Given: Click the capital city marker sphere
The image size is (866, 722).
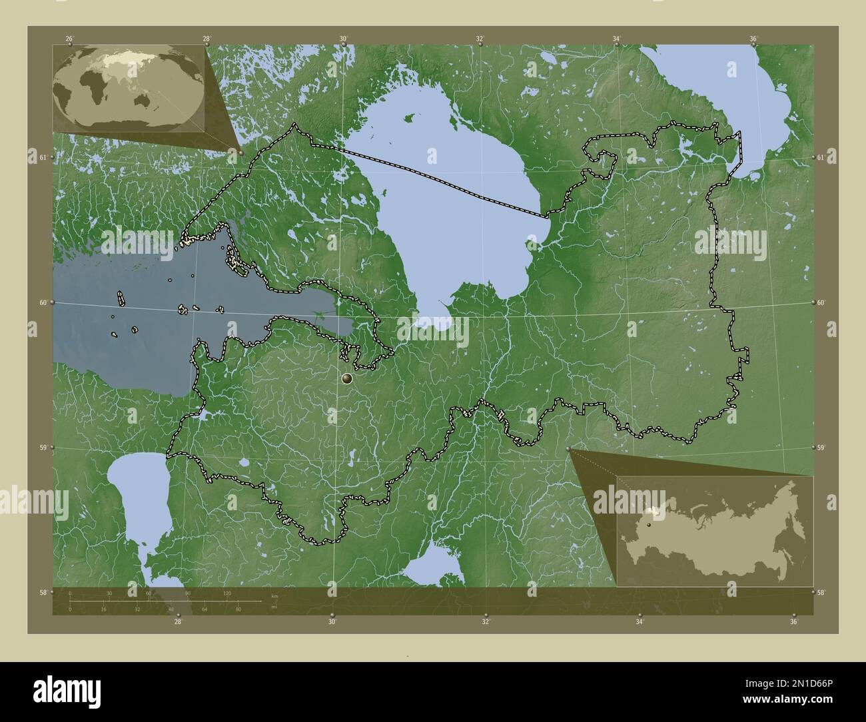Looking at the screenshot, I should click(x=347, y=379).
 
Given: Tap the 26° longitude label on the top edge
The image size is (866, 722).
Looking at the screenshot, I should click(x=69, y=39).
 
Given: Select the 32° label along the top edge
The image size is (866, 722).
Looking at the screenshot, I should click(x=480, y=39).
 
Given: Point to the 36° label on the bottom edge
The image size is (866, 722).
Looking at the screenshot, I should click(x=793, y=622).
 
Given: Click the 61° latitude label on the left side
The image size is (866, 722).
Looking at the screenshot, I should click(x=43, y=157).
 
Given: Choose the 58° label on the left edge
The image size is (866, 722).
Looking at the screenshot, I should click(x=43, y=592).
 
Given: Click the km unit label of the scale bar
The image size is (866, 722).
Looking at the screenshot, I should click(x=274, y=595).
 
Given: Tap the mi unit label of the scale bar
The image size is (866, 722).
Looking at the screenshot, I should click(x=273, y=607).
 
